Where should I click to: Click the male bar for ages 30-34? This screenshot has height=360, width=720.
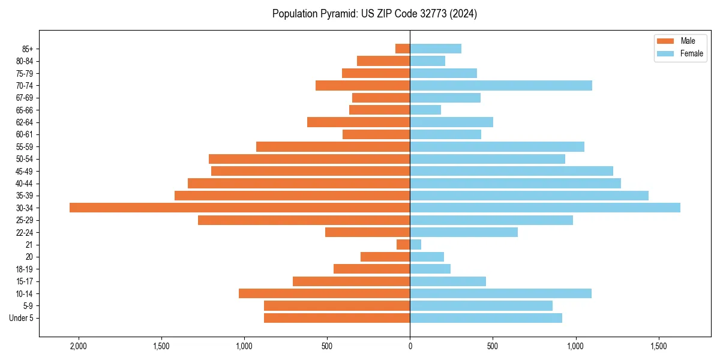click(239, 208)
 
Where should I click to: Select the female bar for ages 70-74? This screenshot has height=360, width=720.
click(500, 85)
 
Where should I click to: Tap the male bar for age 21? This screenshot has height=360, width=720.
click(403, 244)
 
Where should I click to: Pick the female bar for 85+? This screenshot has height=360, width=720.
click(436, 49)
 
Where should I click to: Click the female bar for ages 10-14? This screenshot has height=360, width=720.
click(500, 293)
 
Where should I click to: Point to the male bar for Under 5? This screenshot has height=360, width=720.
click(337, 318)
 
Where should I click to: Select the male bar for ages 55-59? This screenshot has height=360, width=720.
click(333, 146)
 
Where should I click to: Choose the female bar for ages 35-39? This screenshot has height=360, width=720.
click(529, 196)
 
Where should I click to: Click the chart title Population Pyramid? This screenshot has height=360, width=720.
click(374, 14)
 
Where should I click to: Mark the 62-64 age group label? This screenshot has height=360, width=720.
click(25, 122)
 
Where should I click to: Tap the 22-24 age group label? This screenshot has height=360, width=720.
click(25, 232)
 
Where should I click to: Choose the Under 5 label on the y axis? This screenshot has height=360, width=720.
click(22, 318)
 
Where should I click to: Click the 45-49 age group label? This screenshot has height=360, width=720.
click(25, 171)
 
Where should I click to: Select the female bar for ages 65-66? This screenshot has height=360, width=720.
click(425, 110)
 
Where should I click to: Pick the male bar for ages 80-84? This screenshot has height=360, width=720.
click(383, 61)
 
